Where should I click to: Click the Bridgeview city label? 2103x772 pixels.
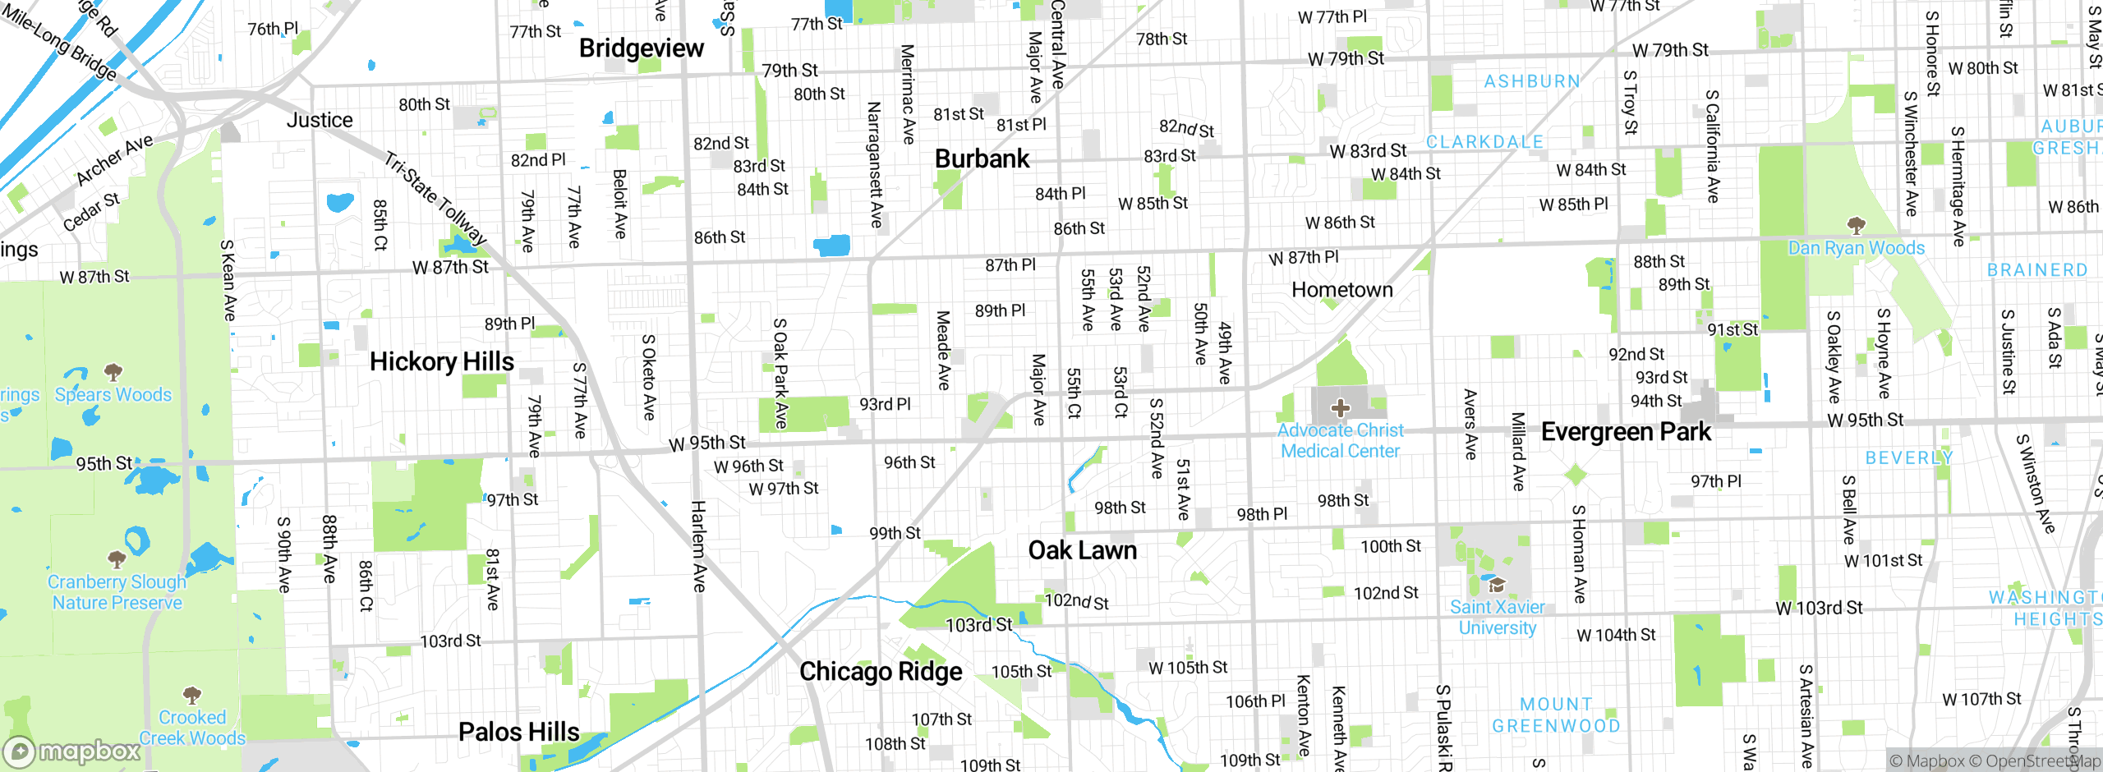coord(641,48)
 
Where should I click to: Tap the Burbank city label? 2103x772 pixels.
coord(982,159)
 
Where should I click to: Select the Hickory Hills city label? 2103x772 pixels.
coord(441,361)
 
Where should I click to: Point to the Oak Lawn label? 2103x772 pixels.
coord(1082,550)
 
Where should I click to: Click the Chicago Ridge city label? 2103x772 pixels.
coord(881,672)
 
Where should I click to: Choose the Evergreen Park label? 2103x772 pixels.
coord(1626,432)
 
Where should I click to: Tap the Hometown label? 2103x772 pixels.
coord(1341,290)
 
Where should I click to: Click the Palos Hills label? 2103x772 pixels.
coord(518,732)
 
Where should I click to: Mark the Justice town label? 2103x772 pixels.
coord(320,121)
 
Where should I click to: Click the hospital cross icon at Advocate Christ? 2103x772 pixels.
coord(1340,407)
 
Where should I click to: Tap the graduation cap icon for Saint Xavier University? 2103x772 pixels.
coord(1497,585)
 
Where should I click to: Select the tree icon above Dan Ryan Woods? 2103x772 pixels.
coord(1856,225)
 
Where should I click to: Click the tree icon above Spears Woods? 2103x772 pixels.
coord(113,372)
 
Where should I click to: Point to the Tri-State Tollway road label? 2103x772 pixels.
coord(435,197)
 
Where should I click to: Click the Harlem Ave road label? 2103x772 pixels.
coord(698,546)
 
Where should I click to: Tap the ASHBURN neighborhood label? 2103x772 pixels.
coord(1531,81)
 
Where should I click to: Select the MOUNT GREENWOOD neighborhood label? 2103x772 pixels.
coord(1556,715)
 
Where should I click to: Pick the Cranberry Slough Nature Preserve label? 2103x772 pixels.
coord(117,592)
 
